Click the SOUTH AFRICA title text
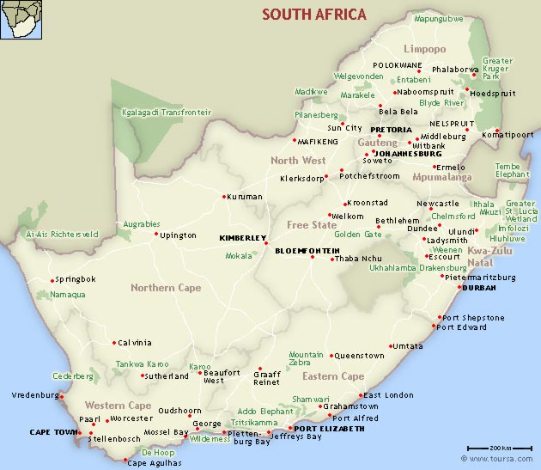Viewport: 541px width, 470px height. [314, 14]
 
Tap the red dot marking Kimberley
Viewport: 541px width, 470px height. [266, 243]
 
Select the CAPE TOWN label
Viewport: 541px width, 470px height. [52, 431]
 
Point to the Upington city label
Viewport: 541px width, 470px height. [179, 235]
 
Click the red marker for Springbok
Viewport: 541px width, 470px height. [52, 280]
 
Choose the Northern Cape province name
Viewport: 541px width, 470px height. [166, 288]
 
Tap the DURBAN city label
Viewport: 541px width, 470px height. [478, 289]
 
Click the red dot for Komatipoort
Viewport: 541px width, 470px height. [496, 131]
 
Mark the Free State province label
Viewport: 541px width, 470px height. [312, 225]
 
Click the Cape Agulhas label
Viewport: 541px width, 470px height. [154, 462]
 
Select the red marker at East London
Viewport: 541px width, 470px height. [358, 396]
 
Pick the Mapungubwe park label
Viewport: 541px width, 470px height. [438, 18]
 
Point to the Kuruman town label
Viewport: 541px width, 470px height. [245, 197]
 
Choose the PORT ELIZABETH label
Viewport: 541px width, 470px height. [329, 428]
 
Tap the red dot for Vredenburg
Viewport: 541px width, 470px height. [62, 396]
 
